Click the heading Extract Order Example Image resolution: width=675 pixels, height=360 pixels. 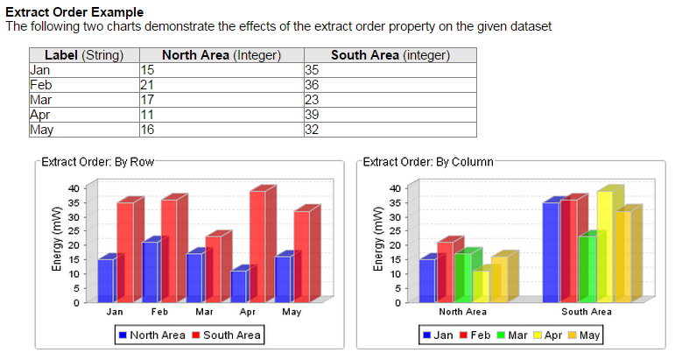74,12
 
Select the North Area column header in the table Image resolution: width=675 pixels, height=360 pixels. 221,55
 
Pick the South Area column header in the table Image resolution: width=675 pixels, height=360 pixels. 390,55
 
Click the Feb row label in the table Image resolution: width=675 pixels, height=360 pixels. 40,85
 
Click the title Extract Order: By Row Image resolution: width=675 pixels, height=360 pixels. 97,162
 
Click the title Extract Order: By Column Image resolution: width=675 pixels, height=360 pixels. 428,162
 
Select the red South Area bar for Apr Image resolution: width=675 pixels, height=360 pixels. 257,247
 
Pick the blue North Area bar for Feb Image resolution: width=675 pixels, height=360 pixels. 150,272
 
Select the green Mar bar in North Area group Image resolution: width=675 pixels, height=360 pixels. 461,278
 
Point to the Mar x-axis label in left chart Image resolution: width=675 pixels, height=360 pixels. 204,312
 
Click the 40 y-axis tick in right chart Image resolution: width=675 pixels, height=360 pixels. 395,188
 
